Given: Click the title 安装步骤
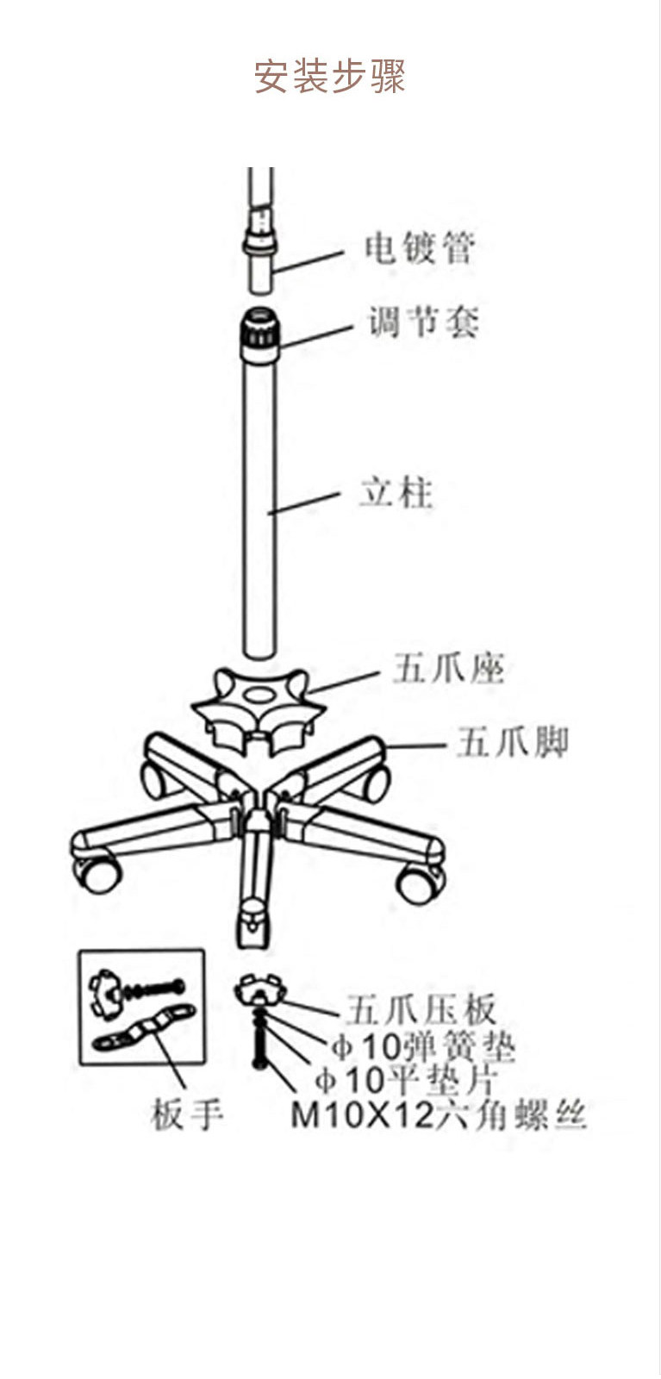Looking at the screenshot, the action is coord(330,77).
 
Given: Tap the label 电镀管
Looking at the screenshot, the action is coord(420,248).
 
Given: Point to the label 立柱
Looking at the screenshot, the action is coord(396,492).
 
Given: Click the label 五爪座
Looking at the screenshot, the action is coord(449,668).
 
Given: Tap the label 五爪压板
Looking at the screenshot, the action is coord(421,1009).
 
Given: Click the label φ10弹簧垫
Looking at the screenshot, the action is coord(423,1045).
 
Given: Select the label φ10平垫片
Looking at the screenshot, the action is coord(406,1078).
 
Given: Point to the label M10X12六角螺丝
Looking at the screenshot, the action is coord(438,1114).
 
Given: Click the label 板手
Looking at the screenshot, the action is coord(186,1114).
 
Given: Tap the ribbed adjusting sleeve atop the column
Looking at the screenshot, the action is coord(259,334).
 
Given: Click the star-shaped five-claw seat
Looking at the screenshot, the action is coord(259,708).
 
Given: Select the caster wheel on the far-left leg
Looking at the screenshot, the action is coord(97,875).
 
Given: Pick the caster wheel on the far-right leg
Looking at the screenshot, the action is coord(421,884).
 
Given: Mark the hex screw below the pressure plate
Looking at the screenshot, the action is coord(259,1040).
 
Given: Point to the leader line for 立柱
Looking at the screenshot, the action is coord(304,502).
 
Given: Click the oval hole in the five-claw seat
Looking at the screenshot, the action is coord(259,696).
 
